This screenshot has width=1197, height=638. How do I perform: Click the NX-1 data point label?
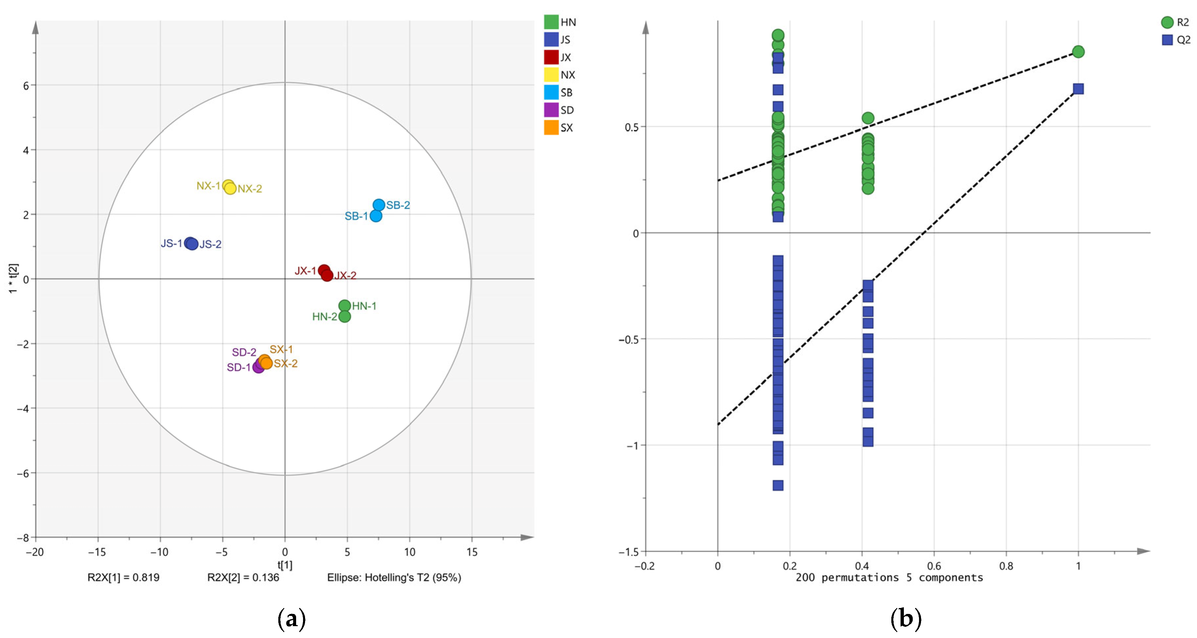(x=208, y=186)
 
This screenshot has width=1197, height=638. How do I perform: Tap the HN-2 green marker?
(x=344, y=317)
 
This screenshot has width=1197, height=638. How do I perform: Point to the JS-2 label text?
(x=210, y=244)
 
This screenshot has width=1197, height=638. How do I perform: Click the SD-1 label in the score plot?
(x=239, y=368)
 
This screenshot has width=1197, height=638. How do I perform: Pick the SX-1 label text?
(x=281, y=349)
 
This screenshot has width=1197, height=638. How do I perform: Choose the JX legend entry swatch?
(x=551, y=57)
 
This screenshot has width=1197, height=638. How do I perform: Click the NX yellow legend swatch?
(x=551, y=75)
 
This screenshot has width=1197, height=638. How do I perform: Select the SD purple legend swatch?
(x=551, y=110)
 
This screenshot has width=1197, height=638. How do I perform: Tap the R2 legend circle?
(x=1167, y=22)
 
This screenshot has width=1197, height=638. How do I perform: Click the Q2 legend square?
(x=1167, y=40)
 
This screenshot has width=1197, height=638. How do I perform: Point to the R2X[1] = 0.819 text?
(x=124, y=578)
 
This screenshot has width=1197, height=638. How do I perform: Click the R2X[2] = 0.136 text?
(x=243, y=578)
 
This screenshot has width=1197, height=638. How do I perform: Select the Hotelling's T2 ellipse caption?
(x=394, y=578)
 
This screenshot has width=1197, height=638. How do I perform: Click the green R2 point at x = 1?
(x=1078, y=51)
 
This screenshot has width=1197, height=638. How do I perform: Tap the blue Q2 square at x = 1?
(x=1078, y=89)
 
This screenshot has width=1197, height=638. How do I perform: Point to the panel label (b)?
(x=905, y=619)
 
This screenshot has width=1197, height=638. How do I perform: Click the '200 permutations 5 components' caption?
(x=889, y=578)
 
